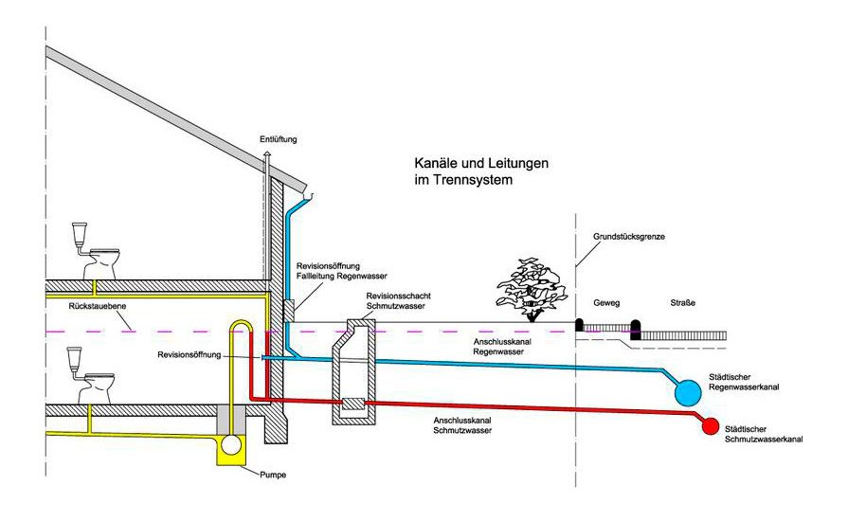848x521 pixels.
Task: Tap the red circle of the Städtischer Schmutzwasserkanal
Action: pos(711,426)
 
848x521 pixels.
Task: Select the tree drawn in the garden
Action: pos(532,286)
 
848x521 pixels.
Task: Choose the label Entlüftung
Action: pos(278,139)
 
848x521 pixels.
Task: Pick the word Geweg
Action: pos(606,303)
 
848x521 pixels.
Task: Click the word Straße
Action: pos(683,303)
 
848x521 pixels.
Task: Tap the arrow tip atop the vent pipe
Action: pos(268,153)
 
